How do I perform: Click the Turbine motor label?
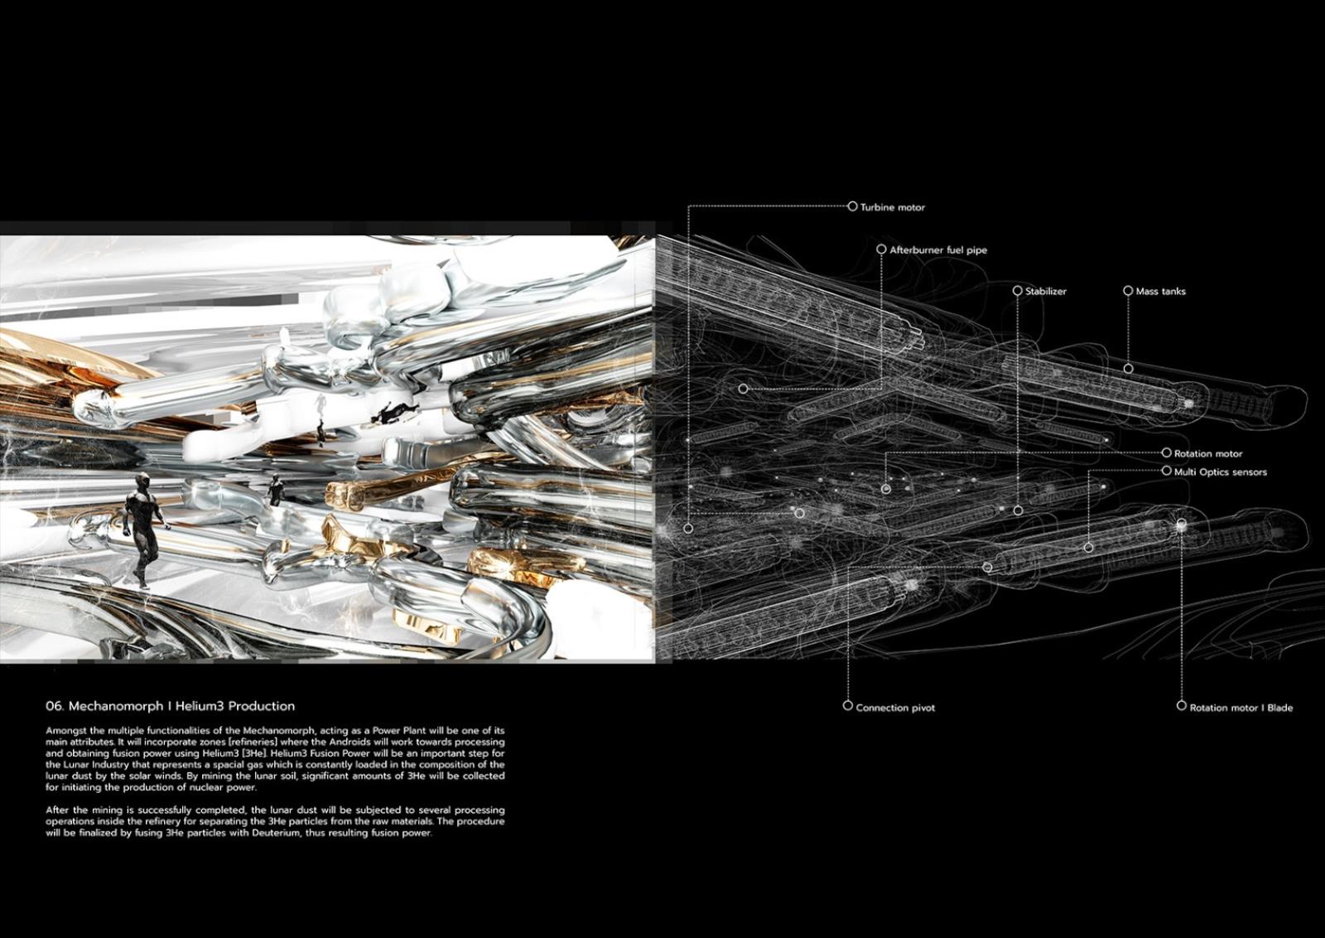coord(892,207)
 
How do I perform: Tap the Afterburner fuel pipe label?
coord(938,249)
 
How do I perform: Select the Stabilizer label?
coord(1046,291)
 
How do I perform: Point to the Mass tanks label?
coord(1160,291)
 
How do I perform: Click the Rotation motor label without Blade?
coord(1208,453)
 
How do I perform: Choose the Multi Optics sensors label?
coord(1220,471)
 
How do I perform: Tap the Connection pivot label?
coord(895,708)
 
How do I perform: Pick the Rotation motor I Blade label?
coord(1241,708)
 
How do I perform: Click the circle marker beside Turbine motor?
coord(852,206)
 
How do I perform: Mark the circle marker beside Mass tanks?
coord(1128,291)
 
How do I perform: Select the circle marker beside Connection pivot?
coord(847,706)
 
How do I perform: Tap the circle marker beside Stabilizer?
coord(1017,291)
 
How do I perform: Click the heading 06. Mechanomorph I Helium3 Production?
coord(170,706)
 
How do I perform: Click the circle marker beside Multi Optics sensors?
coord(1166,471)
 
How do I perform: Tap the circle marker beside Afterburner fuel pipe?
coord(881,249)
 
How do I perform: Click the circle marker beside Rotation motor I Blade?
coord(1181,706)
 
